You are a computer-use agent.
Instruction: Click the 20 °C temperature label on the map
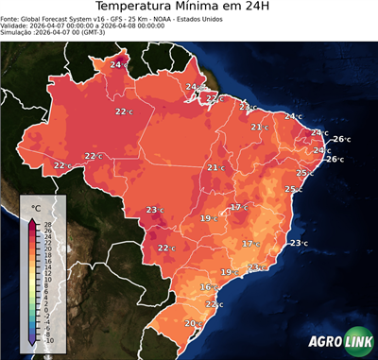(193, 324)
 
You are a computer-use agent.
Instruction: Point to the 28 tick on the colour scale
(47, 224)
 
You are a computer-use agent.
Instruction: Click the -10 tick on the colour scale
(48, 340)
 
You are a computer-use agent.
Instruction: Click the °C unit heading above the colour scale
(36, 207)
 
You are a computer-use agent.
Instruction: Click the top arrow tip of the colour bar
(32, 220)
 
